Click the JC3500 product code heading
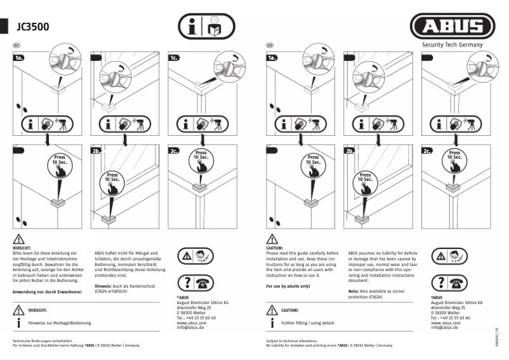[33, 27]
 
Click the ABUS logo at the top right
[452, 27]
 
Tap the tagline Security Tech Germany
[453, 45]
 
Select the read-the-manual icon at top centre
[205, 27]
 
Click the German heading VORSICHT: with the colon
[22, 248]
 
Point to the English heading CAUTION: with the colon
[275, 248]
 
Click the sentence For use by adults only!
[288, 286]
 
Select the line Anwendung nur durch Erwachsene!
[47, 291]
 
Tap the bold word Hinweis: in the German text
[103, 286]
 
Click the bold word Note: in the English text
[354, 291]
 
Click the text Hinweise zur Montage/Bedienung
[60, 323]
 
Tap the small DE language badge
[16, 45]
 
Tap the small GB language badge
[270, 45]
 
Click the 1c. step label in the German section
[174, 58]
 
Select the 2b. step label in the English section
[350, 151]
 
